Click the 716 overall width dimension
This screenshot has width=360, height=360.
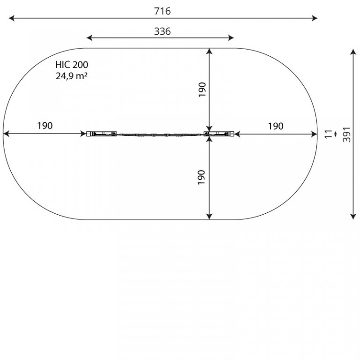[x=162, y=11]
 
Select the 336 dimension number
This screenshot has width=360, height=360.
[x=162, y=31]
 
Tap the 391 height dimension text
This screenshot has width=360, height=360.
[x=347, y=135]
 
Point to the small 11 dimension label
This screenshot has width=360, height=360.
[x=329, y=134]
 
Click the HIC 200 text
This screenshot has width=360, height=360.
[x=71, y=65]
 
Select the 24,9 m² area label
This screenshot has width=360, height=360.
[x=71, y=76]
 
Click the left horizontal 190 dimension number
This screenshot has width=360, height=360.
[x=45, y=126]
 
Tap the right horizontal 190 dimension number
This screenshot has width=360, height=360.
[x=276, y=126]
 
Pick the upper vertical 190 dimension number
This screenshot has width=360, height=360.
[x=202, y=90]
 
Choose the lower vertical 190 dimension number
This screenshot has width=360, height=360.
[x=202, y=177]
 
